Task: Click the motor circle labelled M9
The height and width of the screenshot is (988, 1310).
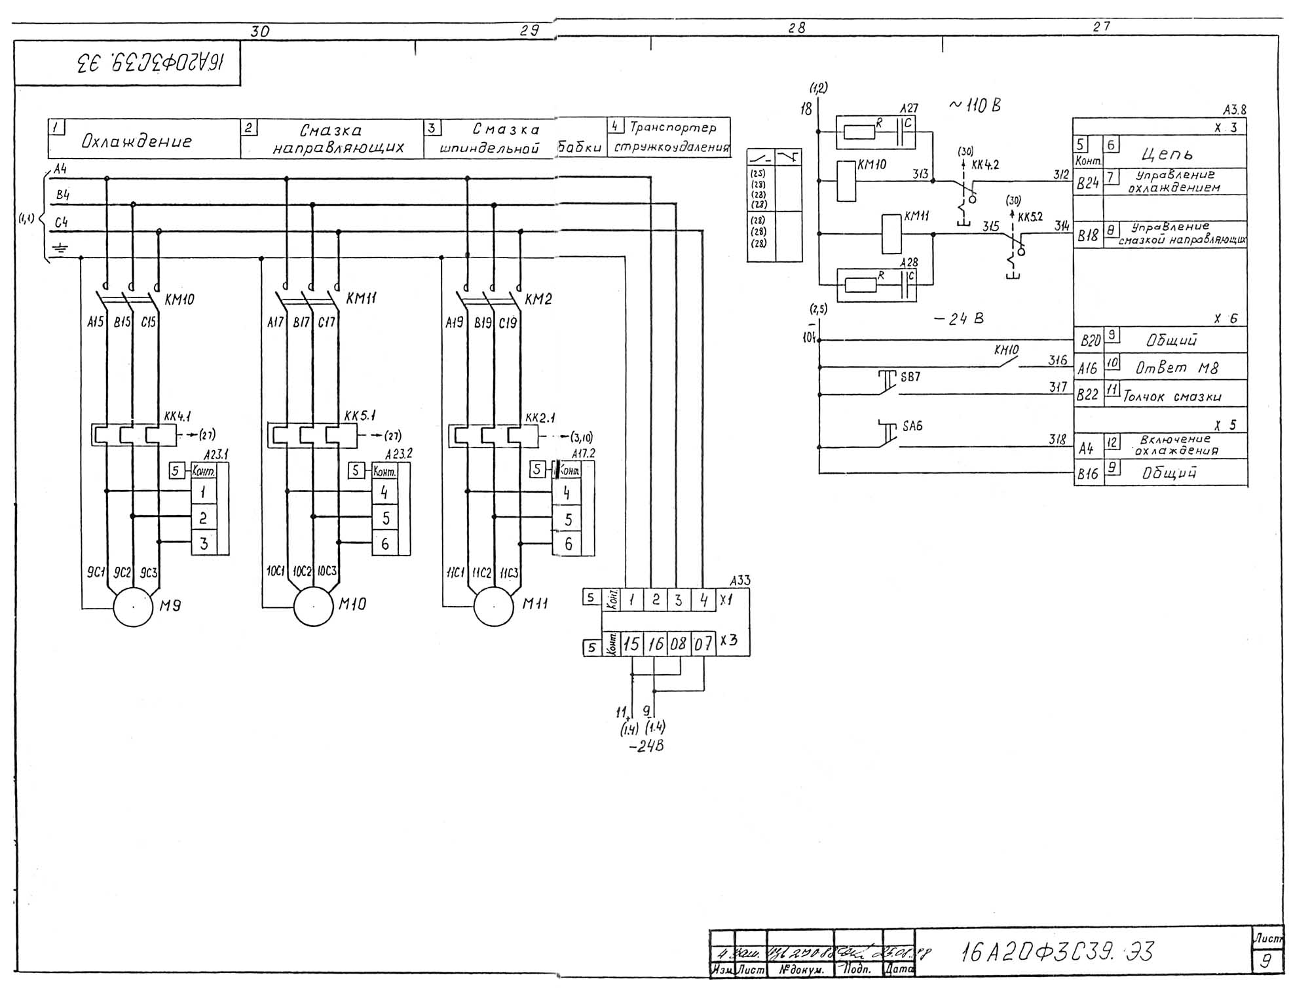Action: coord(134,607)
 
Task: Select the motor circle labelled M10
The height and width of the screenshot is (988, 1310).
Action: coord(314,606)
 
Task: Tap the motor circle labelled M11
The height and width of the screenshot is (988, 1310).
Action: coord(494,606)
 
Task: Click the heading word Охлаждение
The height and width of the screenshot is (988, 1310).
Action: coord(136,142)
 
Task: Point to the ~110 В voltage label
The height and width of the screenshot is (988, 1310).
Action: coord(975,105)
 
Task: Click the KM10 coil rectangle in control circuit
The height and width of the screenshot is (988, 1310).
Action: coord(846,181)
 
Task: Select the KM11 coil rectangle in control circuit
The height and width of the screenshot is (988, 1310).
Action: coord(891,234)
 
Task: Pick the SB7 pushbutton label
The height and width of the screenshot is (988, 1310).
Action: coord(910,377)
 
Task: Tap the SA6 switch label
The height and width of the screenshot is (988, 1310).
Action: coord(912,427)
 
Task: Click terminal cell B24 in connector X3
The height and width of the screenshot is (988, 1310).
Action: coord(1088,183)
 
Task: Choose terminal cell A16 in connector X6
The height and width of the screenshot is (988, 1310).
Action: coord(1088,368)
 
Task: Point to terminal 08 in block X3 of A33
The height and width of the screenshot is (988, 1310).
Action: coord(679,644)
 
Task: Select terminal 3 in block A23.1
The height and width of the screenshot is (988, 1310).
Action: coord(204,543)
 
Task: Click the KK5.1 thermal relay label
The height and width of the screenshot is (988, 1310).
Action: coord(360,417)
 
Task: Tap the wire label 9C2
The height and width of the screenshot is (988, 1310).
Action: coord(122,573)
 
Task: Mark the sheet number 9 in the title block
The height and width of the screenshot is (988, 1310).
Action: coord(1266,960)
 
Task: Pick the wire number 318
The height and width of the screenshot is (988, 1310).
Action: coord(1057,440)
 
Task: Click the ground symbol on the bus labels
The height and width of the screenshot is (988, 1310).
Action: coord(61,248)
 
